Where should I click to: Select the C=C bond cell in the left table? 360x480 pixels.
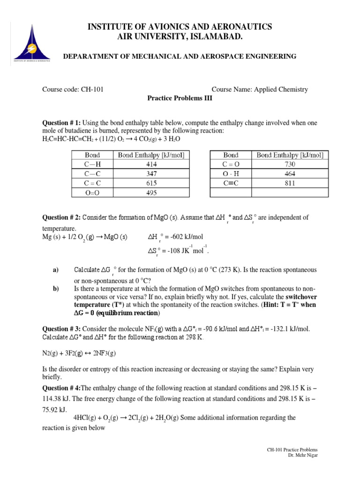point(92,183)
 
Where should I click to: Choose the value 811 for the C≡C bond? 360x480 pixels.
point(289,183)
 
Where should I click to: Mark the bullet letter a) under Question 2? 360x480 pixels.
point(55,270)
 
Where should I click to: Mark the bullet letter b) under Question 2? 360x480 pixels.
point(55,289)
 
